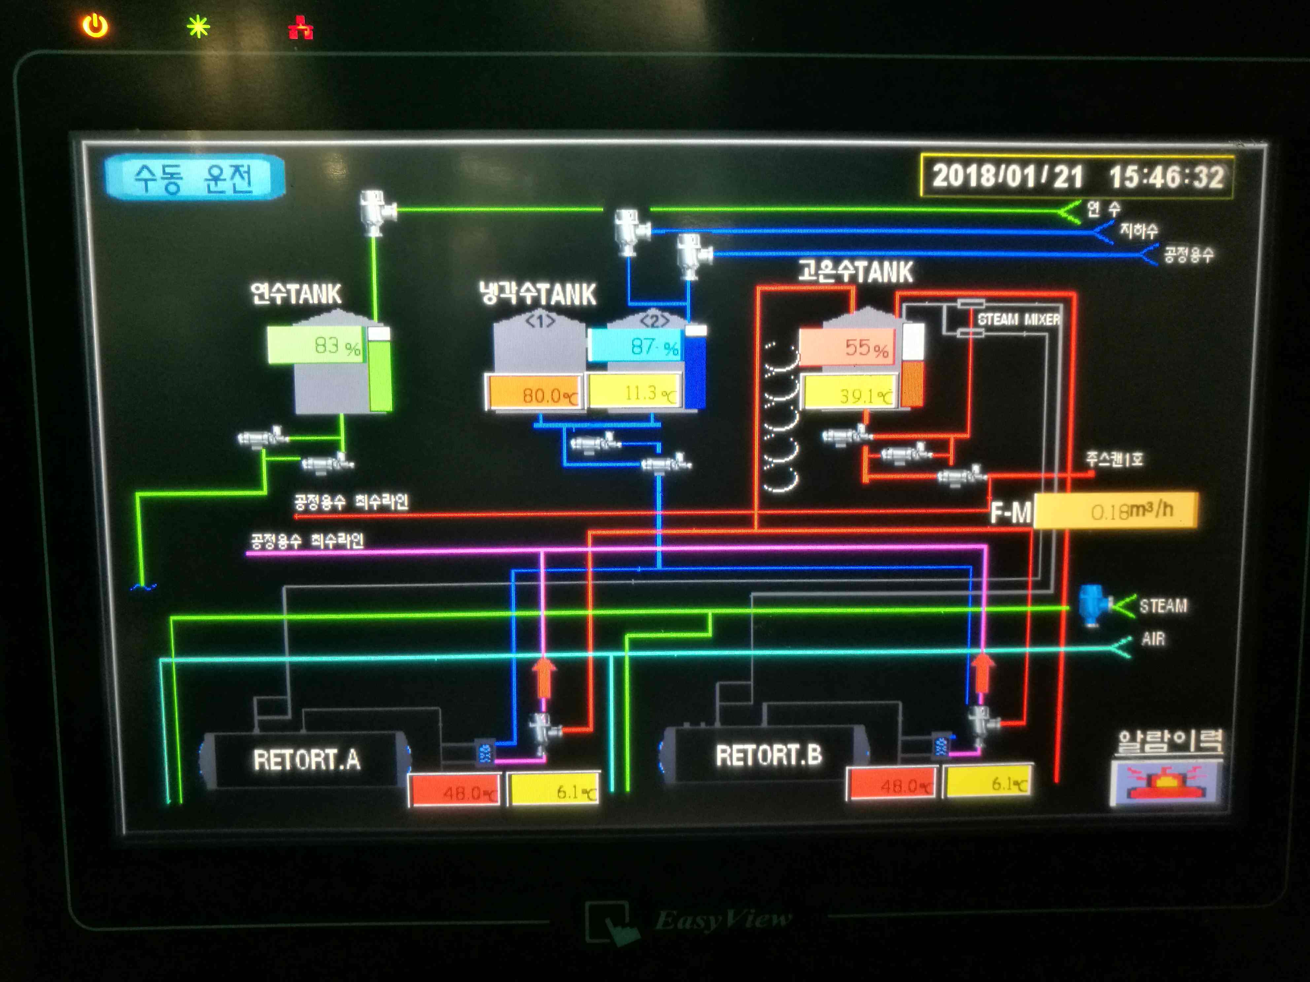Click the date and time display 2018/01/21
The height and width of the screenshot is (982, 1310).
(x=1077, y=177)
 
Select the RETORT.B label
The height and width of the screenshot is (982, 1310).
(x=768, y=755)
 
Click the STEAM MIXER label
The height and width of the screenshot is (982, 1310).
(x=1018, y=320)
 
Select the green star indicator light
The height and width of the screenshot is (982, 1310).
(x=198, y=27)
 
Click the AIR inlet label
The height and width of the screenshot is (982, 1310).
(x=1153, y=639)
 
